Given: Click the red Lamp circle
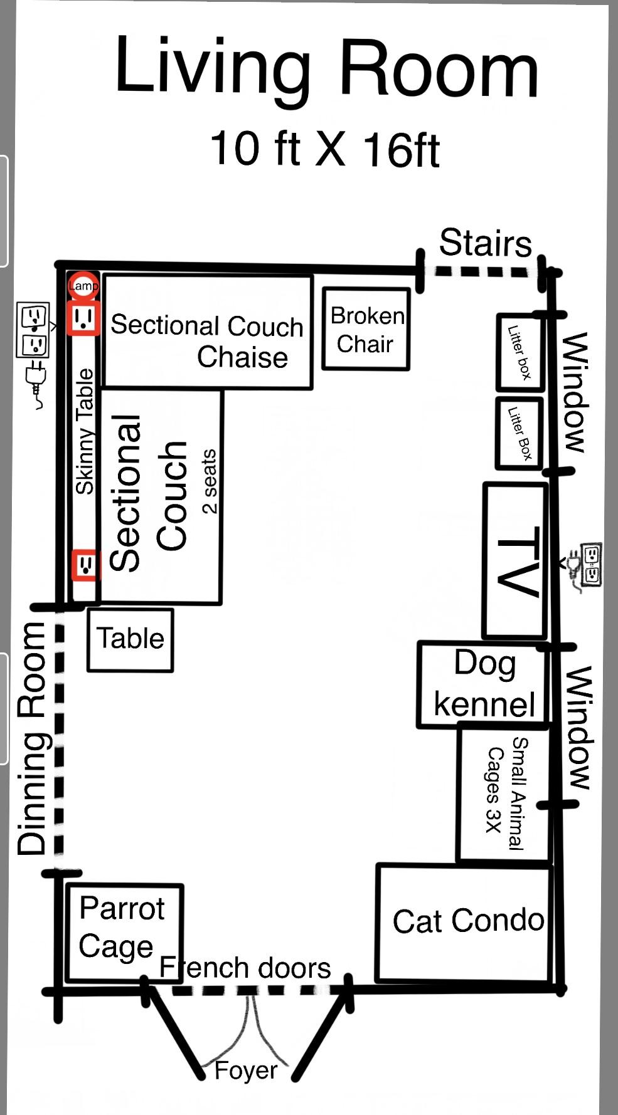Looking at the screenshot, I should pos(83,286).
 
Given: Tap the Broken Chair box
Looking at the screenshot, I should pos(366,329).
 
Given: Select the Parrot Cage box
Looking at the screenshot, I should pos(124,932).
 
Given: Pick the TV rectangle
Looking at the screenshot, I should pos(515,560).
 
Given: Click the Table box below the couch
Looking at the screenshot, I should pos(130,639).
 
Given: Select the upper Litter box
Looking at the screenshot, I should pos(519,352).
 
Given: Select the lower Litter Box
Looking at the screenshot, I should pos(519,433).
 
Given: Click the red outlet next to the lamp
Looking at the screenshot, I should pos(83,318).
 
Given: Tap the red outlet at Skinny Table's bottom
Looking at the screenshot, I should pos(85,565).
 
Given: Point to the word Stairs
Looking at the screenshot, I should pos(485,243).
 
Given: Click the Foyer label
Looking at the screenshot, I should pos(245,1070).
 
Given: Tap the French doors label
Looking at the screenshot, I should pos(245,968).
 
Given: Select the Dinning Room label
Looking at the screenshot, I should pos(33,740).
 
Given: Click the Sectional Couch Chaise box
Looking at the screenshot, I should pos(207,332).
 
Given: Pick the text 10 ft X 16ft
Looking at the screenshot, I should pos(324,149).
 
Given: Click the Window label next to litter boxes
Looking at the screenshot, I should pos(574,392).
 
